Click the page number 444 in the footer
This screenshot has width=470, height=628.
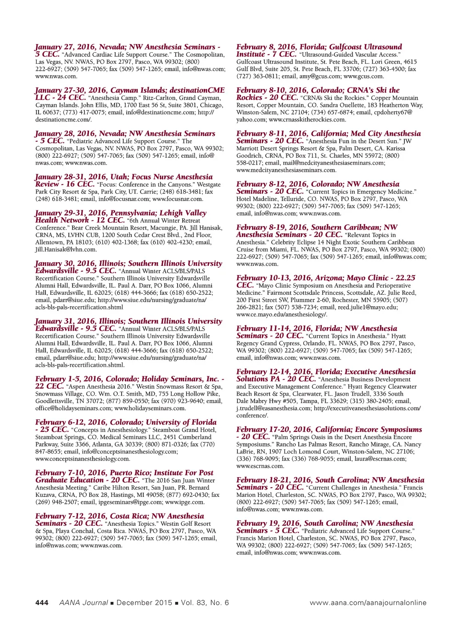click(x=42, y=603)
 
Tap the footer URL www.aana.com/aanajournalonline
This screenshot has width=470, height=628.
click(x=368, y=603)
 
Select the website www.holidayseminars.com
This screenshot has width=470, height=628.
click(x=150, y=408)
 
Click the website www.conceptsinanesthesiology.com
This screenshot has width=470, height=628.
click(x=83, y=458)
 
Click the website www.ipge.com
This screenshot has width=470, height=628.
click(x=185, y=502)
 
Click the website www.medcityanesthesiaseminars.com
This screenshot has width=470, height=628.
click(x=286, y=170)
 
